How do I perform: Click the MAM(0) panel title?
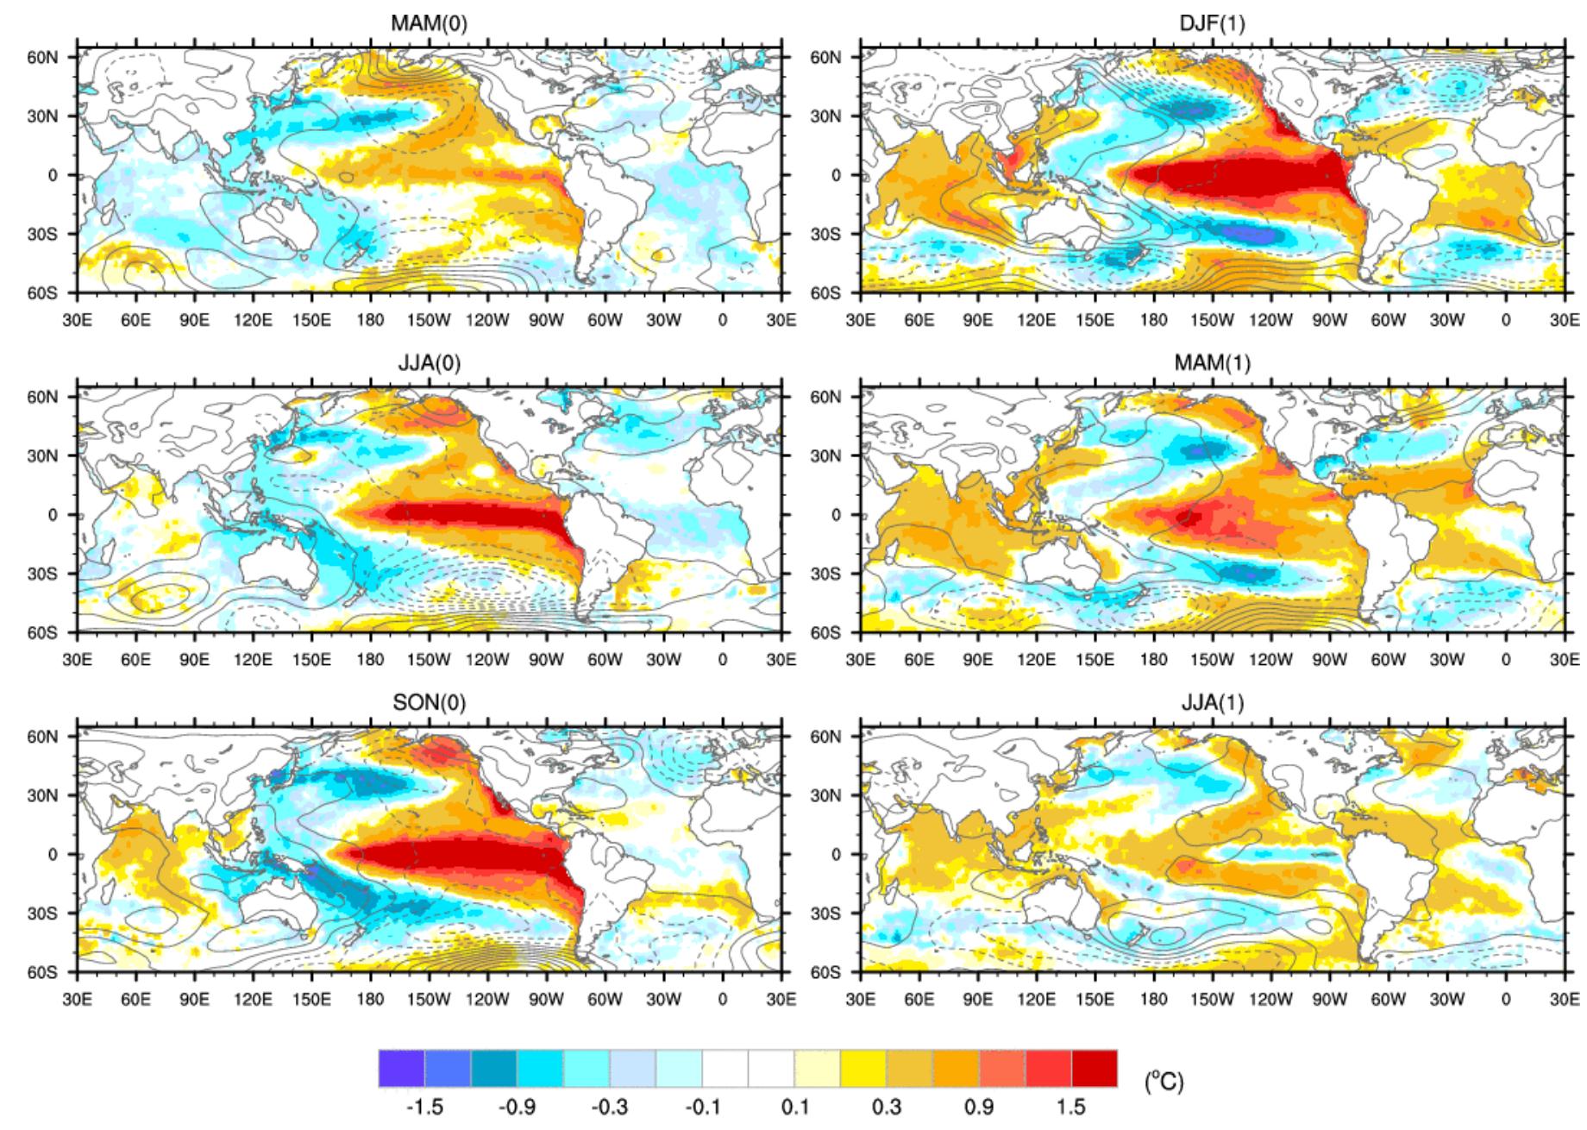(429, 23)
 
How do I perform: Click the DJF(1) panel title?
(1212, 23)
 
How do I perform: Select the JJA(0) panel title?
(429, 363)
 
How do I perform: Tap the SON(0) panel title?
(429, 703)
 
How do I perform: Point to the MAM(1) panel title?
(1212, 363)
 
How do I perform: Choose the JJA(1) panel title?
(1212, 703)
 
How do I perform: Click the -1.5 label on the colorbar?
(424, 1107)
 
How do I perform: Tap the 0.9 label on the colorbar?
(979, 1107)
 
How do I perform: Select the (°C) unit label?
(1164, 1081)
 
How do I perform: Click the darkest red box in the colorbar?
(1094, 1068)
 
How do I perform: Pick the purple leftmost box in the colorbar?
(401, 1068)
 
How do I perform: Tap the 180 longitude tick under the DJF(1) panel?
(1153, 320)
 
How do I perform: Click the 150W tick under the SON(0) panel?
(429, 1000)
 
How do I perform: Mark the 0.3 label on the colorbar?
(887, 1107)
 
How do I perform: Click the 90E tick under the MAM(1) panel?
(977, 660)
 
